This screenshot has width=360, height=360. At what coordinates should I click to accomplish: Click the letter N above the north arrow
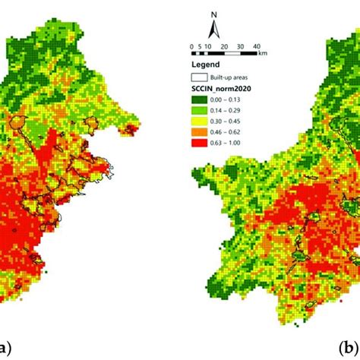point(216,14)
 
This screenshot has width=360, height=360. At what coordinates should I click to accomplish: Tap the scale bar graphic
point(225,52)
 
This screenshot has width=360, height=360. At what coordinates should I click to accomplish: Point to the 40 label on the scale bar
point(257,46)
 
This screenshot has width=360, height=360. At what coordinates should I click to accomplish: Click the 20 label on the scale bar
point(225,46)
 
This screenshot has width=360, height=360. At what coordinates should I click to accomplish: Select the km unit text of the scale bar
point(262,54)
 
